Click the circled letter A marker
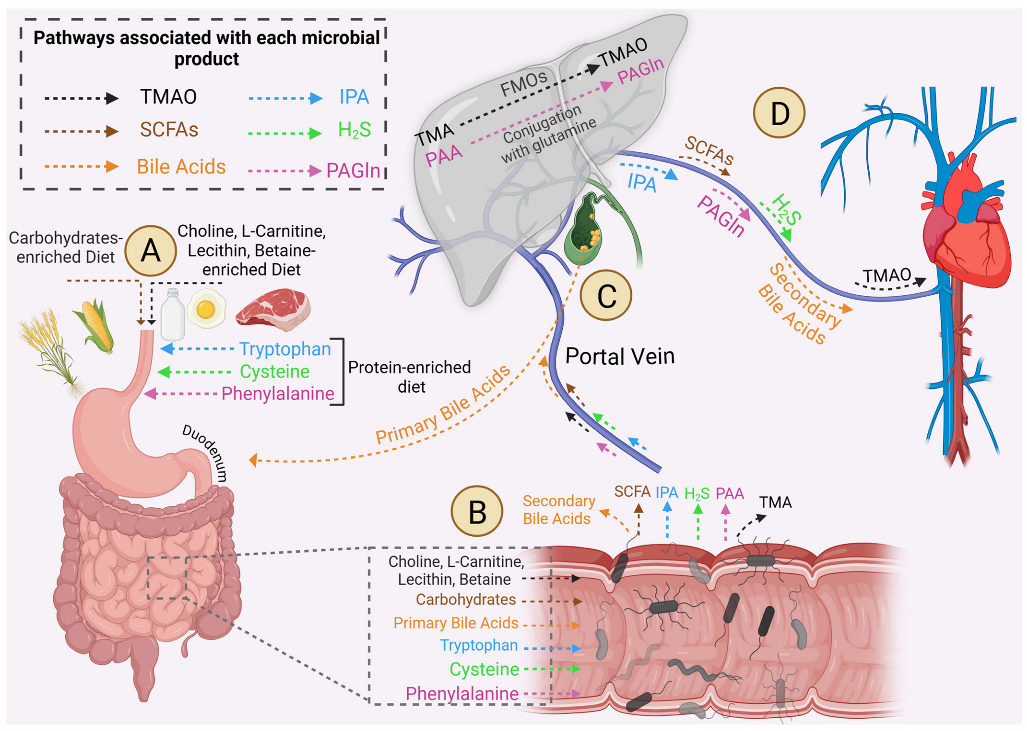click(x=150, y=250)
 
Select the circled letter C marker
click(x=606, y=295)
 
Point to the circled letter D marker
click(x=779, y=112)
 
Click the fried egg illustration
click(x=206, y=309)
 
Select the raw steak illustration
click(x=273, y=309)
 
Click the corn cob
click(x=95, y=325)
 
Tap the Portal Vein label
click(x=619, y=356)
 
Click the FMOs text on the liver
click(x=523, y=83)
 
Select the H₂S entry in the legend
click(x=354, y=130)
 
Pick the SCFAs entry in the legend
click(x=169, y=130)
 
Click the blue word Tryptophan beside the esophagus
click(x=285, y=349)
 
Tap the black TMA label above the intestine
click(x=775, y=502)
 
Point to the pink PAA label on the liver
click(x=444, y=155)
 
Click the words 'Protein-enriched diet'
click(x=410, y=377)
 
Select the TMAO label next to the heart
click(x=887, y=275)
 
